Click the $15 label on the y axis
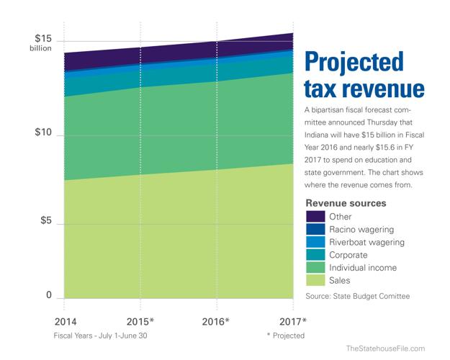44,38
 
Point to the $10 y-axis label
44,134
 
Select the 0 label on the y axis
50,295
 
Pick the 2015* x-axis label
141,320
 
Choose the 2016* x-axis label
217,320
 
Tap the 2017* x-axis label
293,320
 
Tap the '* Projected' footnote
285,336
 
